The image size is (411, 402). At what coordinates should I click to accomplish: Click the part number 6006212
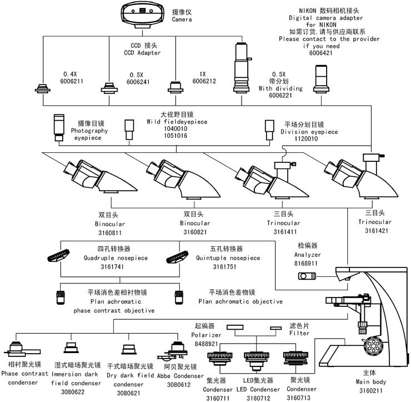click(204, 81)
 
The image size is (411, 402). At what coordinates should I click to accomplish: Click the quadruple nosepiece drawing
click(62, 256)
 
